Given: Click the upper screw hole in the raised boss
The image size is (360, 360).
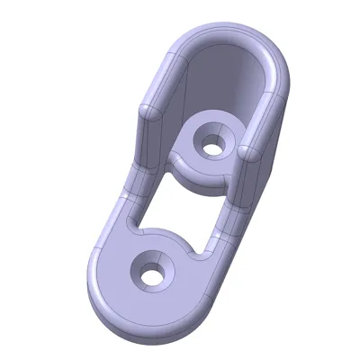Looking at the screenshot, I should [x=213, y=145].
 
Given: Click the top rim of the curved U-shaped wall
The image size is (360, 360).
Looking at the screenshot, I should [x=225, y=33].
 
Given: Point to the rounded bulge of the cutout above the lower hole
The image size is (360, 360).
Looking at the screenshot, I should [x=166, y=236].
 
